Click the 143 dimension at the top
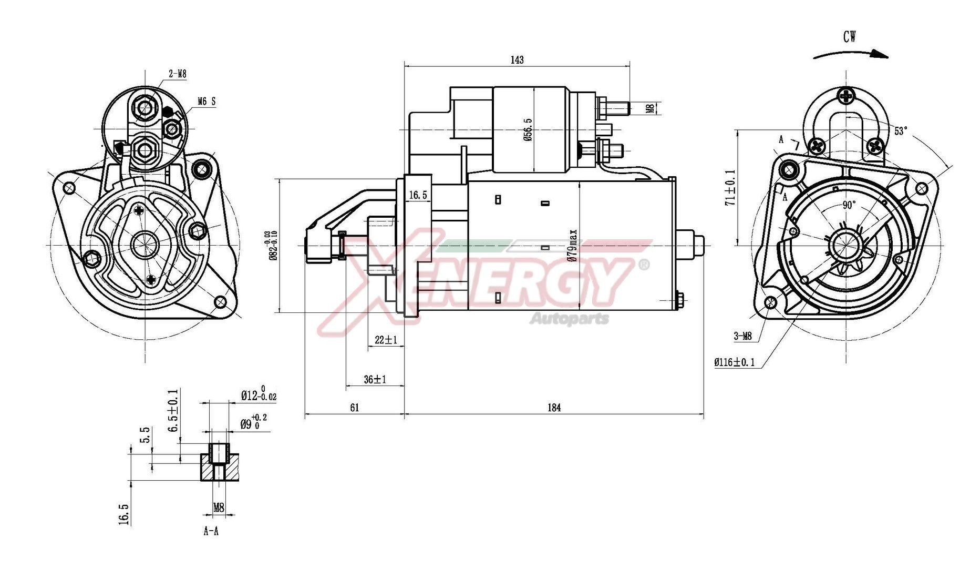point(517,60)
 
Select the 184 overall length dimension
point(554,408)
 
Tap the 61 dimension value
point(354,408)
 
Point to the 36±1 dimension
point(375,379)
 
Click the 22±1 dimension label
point(386,340)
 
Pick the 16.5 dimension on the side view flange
point(418,195)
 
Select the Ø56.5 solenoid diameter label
point(528,129)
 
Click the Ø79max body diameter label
point(573,245)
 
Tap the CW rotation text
point(849,37)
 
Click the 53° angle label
point(901,131)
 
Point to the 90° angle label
point(849,205)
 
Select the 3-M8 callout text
point(742,336)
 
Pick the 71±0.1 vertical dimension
point(730,187)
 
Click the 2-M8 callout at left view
point(178,74)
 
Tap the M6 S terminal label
point(207,102)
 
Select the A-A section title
point(211,531)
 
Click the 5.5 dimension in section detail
point(145,436)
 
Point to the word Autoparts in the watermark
point(570,319)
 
